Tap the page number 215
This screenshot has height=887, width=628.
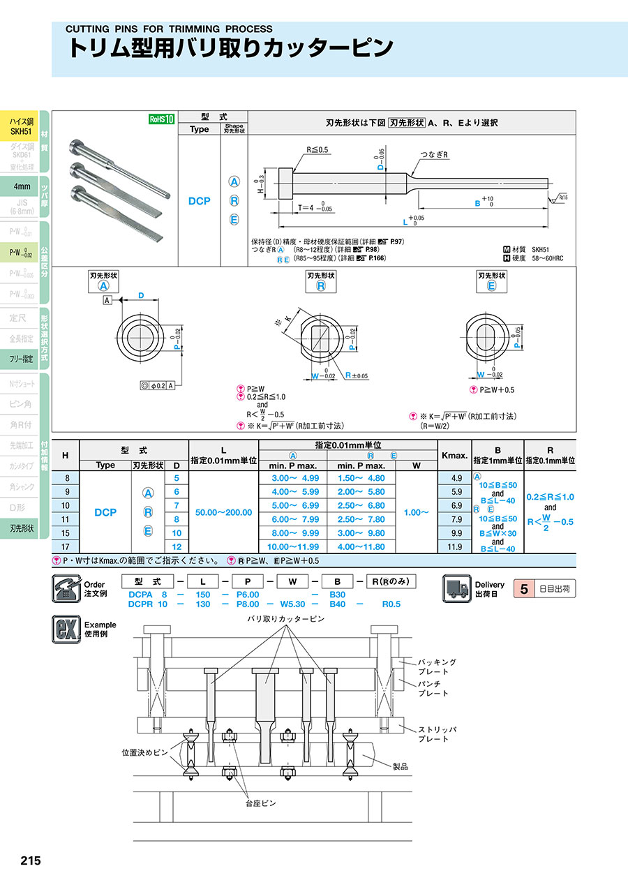pos(30,860)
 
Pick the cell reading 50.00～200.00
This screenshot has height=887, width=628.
pos(223,512)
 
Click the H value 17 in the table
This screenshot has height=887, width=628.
pos(66,546)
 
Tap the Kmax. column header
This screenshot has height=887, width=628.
pos(454,455)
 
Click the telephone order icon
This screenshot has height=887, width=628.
pos(67,588)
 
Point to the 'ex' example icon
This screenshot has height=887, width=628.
pos(67,629)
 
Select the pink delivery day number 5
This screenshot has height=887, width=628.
pos(525,588)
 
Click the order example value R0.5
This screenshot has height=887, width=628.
pos(391,604)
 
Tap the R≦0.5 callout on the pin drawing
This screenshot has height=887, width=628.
pos(317,150)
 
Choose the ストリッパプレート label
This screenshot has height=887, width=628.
pos(437,733)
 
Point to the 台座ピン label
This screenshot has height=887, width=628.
pos(260,803)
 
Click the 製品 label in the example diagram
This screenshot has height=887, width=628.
pos(400,766)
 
